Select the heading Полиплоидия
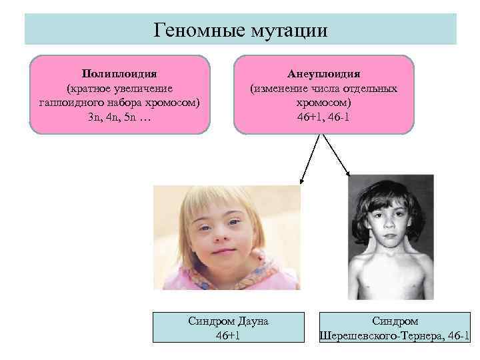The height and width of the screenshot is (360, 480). (120, 73)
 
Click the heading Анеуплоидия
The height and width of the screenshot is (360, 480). (323, 73)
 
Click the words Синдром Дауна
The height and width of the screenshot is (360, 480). (228, 321)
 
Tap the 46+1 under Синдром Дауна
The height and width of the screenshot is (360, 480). (228, 335)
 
